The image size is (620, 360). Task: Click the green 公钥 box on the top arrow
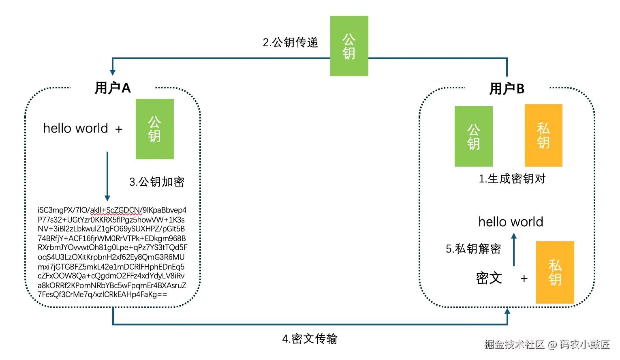pos(349,46)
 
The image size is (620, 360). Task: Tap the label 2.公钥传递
pos(290,43)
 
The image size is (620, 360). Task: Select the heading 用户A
pos(113,88)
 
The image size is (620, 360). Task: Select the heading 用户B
pos(507,88)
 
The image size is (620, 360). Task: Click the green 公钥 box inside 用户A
pos(154,129)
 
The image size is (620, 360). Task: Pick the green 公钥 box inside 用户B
pos(473,136)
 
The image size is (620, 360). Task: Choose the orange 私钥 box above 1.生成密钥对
pos(543,135)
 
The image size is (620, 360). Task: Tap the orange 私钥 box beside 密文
pos(555,272)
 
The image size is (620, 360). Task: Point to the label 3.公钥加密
pos(157,182)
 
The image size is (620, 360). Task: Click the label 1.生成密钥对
pos(512,179)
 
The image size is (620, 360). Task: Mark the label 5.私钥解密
pos(473,249)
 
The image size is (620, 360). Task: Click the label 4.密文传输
pos(310,339)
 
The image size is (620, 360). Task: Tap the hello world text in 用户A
pos(75,128)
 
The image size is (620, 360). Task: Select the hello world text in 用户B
pos(511,222)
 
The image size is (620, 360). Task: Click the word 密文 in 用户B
pos(489,278)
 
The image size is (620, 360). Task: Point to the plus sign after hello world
pos(119,129)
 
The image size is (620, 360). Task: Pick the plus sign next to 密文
pos(524,279)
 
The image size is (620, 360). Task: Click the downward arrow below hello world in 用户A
pos(107,176)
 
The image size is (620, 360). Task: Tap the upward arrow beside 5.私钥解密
pos(514,249)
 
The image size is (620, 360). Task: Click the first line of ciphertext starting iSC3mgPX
pos(112,210)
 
